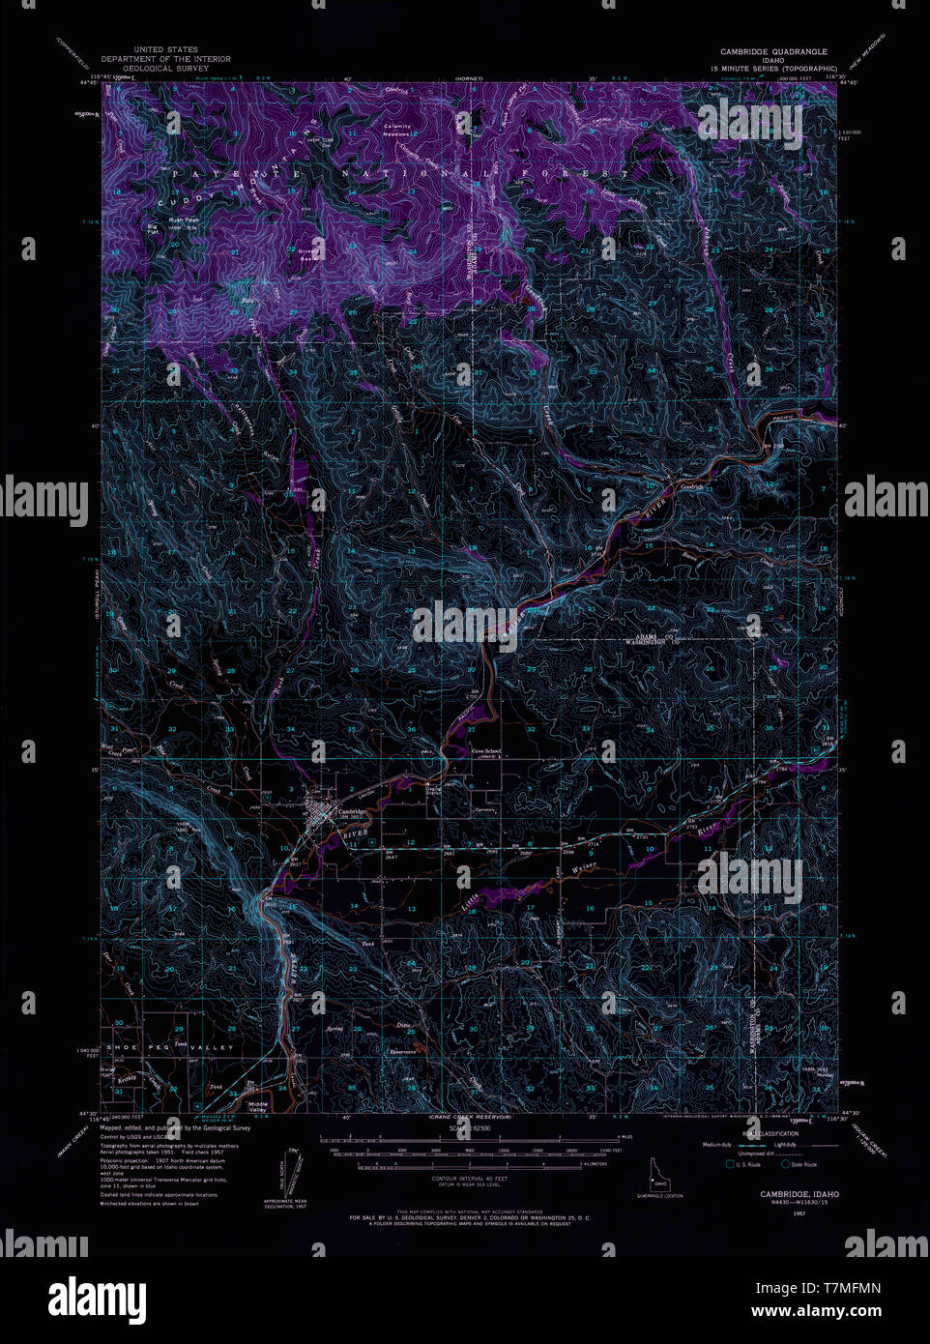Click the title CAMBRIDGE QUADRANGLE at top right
click(x=773, y=51)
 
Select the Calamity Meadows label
click(x=396, y=131)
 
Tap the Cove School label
click(x=486, y=750)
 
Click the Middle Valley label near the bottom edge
click(x=257, y=1106)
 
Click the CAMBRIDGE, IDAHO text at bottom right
click(x=799, y=1194)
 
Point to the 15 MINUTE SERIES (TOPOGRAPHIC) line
click(x=773, y=70)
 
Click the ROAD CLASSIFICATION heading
click(x=770, y=1133)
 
